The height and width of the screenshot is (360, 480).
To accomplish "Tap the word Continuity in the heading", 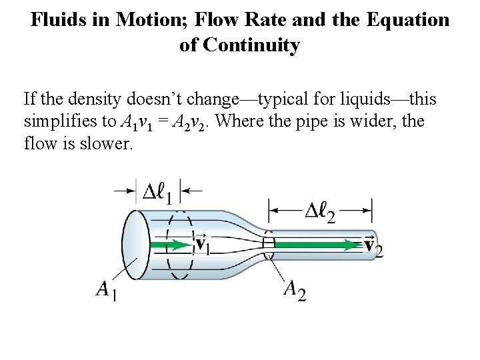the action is pyautogui.click(x=257, y=45).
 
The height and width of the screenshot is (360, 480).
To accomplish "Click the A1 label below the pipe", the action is pyautogui.click(x=107, y=291).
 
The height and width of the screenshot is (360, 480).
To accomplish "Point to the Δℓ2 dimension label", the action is pyautogui.click(x=320, y=212).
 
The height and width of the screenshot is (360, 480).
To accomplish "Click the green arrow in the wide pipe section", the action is pyautogui.click(x=170, y=245).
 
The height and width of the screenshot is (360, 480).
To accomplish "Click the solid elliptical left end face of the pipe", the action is pyautogui.click(x=136, y=243).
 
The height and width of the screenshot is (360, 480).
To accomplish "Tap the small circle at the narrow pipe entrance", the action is pyautogui.click(x=269, y=245).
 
